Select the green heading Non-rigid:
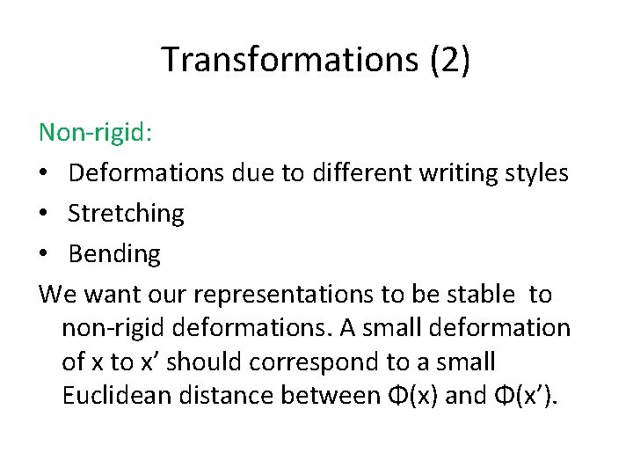pyautogui.click(x=96, y=133)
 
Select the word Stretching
pyautogui.click(x=126, y=214)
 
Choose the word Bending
pyautogui.click(x=114, y=254)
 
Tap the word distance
pyautogui.click(x=229, y=397)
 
